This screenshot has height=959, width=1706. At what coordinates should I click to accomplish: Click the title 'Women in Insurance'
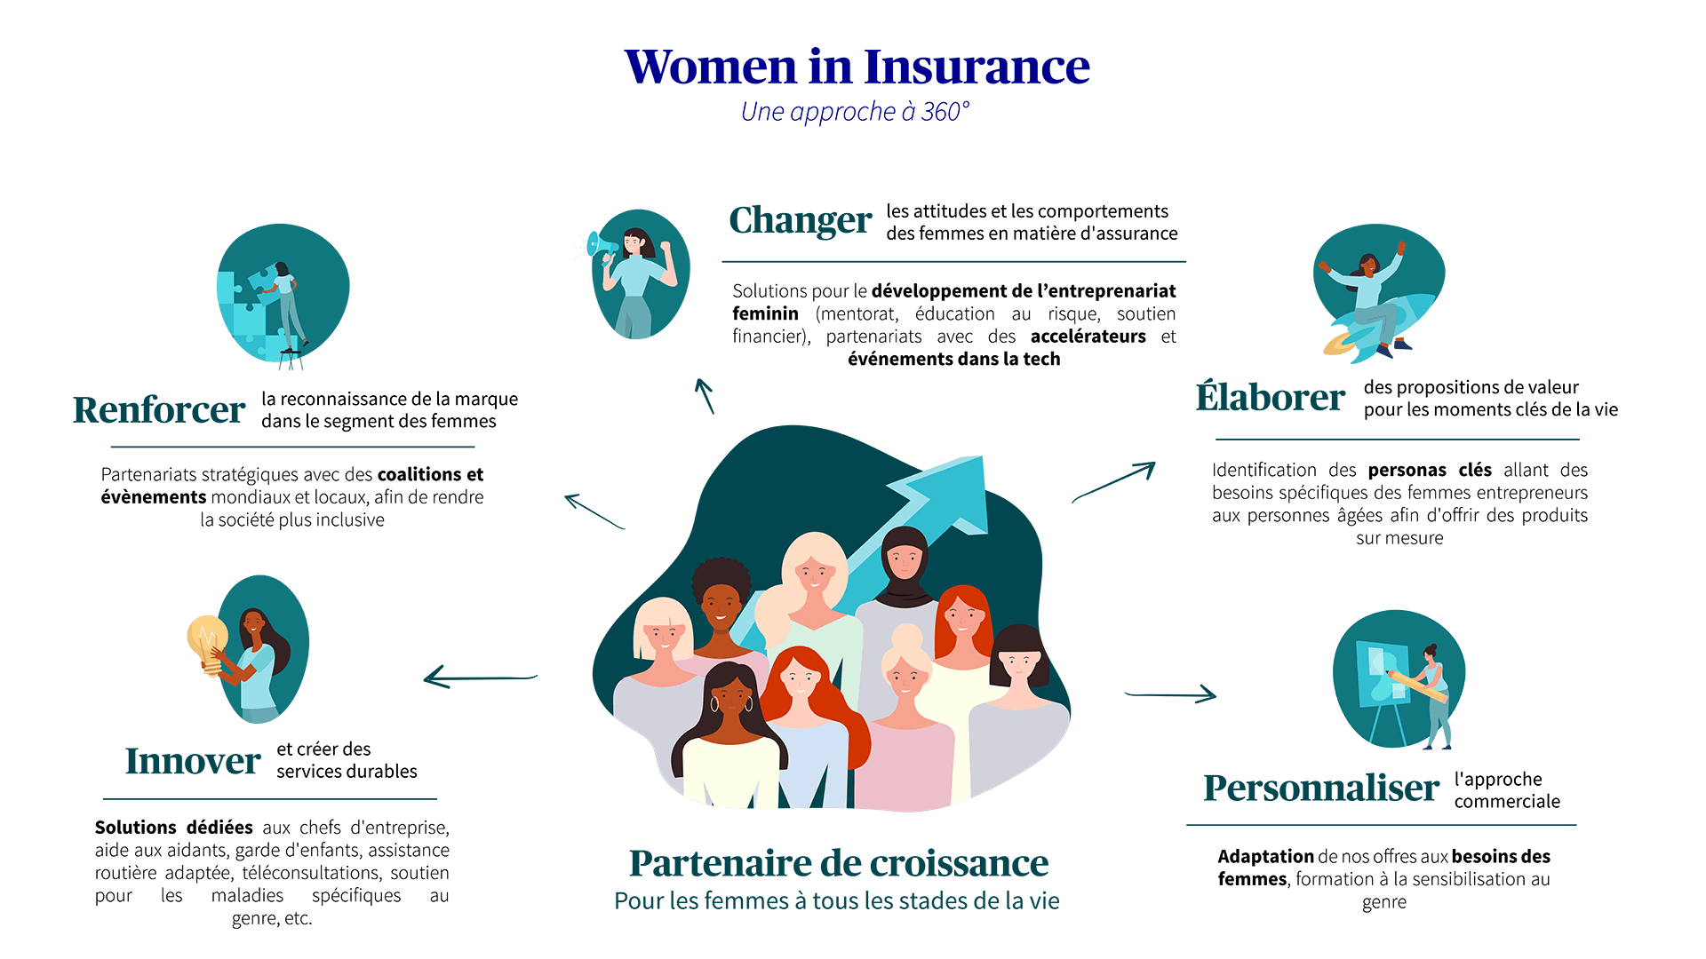point(857,67)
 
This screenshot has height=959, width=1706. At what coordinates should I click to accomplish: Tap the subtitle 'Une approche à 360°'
point(855,112)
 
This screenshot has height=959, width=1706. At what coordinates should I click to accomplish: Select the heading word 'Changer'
point(800,220)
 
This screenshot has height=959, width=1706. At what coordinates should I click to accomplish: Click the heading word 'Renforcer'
point(159,410)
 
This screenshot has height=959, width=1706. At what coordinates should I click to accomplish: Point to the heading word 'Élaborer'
point(1270,398)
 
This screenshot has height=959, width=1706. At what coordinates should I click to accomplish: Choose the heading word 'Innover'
point(192,761)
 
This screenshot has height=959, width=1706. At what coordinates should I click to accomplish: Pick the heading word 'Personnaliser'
point(1320,789)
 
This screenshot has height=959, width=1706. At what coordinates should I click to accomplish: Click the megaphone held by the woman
point(602,244)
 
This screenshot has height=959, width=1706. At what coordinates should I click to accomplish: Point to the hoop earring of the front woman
point(713,704)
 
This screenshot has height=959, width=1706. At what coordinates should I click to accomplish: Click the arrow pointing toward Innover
point(480,679)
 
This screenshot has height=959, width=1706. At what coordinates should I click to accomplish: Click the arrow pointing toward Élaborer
point(1114,482)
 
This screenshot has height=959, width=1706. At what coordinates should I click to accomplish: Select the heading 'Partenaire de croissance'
point(838,863)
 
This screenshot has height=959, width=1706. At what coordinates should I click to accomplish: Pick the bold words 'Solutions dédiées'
point(173,828)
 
